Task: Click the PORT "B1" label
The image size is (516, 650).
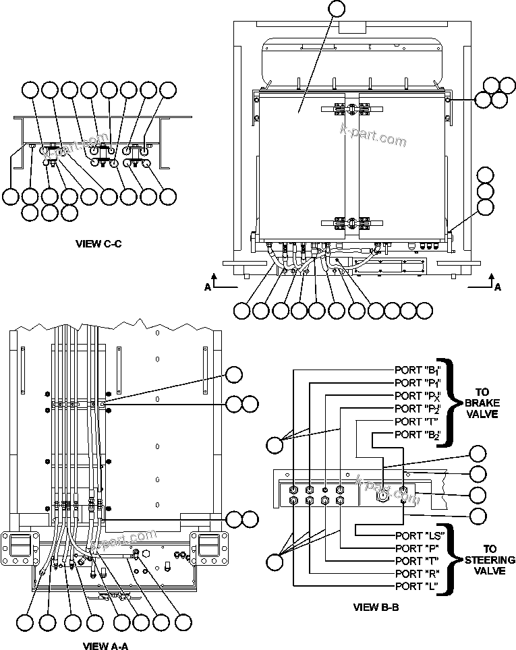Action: [418, 370]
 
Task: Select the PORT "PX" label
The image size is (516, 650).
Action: [418, 396]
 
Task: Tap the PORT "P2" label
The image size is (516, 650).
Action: [418, 409]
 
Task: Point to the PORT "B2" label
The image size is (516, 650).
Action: [418, 434]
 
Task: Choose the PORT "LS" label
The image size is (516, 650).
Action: [418, 535]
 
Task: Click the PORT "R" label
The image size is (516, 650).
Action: [415, 574]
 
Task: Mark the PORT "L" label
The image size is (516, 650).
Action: [415, 587]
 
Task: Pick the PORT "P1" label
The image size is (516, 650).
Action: [418, 383]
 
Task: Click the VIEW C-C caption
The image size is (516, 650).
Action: [98, 243]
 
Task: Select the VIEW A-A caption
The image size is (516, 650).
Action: [105, 645]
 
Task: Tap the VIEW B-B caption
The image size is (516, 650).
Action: [376, 607]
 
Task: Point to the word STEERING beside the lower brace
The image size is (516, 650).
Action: [490, 560]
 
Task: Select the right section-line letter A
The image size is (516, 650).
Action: [498, 287]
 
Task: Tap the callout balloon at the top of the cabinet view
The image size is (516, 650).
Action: [335, 9]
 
